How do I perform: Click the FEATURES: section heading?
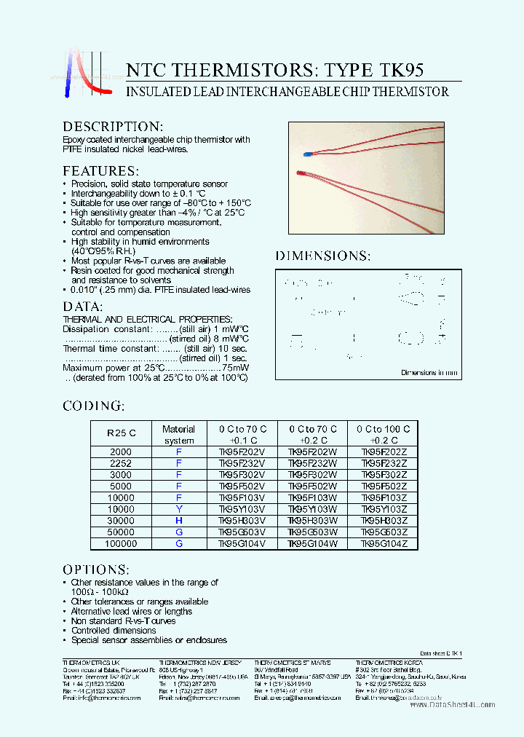pos(100,171)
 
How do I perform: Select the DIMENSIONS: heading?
pos(322,256)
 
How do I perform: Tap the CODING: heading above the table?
pos(93,406)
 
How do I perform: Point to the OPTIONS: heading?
pos(96,569)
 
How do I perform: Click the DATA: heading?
pos(83,307)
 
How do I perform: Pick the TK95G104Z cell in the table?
pos(384,543)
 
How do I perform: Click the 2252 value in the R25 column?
pos(121,463)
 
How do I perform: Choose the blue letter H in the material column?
pos(178,520)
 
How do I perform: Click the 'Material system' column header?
pos(178,435)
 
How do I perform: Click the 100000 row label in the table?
pos(121,543)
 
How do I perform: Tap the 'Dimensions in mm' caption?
pos(429,373)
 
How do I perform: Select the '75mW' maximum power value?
pos(237,368)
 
